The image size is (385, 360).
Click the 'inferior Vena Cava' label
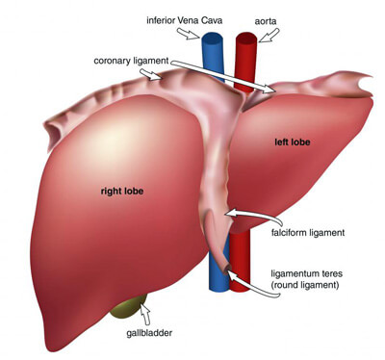pyautogui.click(x=185, y=20)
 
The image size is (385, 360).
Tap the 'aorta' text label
pyautogui.click(x=266, y=21)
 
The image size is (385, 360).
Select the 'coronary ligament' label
pyautogui.click(x=131, y=61)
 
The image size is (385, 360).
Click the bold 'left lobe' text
pyautogui.click(x=293, y=141)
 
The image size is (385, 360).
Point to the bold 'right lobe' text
pyautogui.click(x=122, y=192)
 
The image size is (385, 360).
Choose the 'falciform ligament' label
pyautogui.click(x=308, y=233)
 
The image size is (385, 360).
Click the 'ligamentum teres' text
pyautogui.click(x=307, y=274)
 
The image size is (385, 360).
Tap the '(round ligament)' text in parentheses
pyautogui.click(x=305, y=285)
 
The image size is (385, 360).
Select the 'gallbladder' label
pyautogui.click(x=149, y=333)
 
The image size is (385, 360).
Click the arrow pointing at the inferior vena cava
pyautogui.click(x=189, y=34)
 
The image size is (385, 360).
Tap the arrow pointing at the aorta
pyautogui.click(x=269, y=36)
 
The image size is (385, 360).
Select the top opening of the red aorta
pyautogui.click(x=246, y=38)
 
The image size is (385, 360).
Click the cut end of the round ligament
pyautogui.click(x=227, y=269)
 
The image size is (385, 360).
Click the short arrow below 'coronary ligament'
pyautogui.click(x=150, y=75)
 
